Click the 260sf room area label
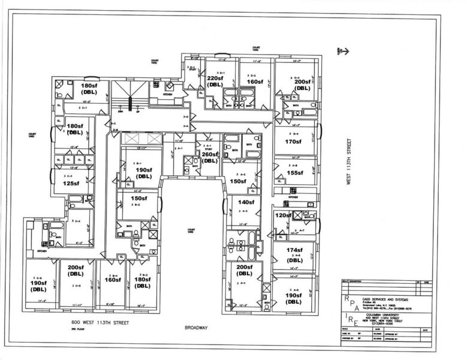(209, 157)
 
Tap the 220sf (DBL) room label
(215, 81)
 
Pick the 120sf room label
(282, 215)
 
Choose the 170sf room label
(293, 142)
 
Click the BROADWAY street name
(195, 328)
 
